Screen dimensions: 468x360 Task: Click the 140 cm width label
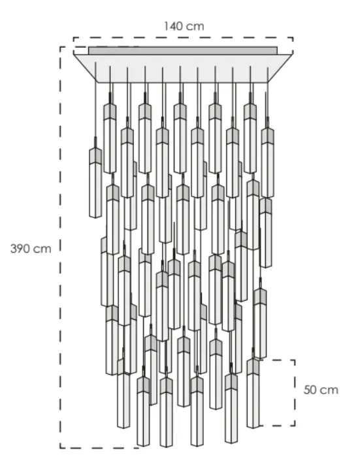pos(184,26)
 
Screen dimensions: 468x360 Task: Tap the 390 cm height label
pos(31,249)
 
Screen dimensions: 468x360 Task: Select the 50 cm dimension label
pos(321,390)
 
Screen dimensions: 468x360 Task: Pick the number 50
pos(311,390)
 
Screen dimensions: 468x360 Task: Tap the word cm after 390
pos(42,249)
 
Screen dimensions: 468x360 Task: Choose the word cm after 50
pos(330,390)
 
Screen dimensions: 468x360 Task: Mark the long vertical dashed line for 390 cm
pos(60,248)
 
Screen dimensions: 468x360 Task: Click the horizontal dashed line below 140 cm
pos(183,37)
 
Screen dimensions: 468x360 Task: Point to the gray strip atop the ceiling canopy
pos(183,50)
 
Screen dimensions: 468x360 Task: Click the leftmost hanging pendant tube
pos(95,189)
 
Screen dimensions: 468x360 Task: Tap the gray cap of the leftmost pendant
pos(95,155)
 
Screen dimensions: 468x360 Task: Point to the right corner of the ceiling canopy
pos(291,55)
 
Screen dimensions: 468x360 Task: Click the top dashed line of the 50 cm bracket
pos(278,360)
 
